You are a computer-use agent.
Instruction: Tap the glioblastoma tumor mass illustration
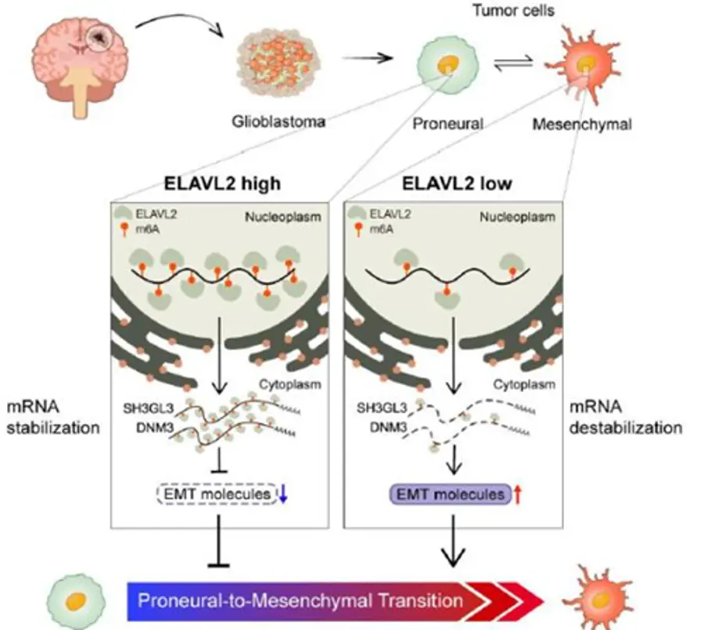[278, 63]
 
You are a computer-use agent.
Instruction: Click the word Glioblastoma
[278, 121]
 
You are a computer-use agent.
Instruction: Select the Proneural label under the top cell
[447, 124]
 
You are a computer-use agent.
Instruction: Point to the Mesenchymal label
[582, 124]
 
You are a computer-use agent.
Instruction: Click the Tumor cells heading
[514, 10]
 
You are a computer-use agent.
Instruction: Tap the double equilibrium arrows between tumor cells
[513, 63]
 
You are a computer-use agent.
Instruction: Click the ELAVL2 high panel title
[222, 183]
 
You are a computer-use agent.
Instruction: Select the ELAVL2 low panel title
[457, 183]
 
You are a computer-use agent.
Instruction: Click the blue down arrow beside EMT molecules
[283, 494]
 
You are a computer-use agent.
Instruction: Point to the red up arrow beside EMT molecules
[518, 495]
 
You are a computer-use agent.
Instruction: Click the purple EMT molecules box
[451, 495]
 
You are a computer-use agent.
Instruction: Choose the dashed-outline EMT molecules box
[217, 494]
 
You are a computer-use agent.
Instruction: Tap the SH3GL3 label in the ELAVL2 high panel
[148, 409]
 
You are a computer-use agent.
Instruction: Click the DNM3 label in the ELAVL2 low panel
[388, 427]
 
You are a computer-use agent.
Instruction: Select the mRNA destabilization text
[626, 417]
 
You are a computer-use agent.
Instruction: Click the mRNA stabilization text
[53, 417]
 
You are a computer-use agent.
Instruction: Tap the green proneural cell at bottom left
[77, 600]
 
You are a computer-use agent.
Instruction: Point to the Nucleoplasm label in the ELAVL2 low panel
[517, 217]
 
